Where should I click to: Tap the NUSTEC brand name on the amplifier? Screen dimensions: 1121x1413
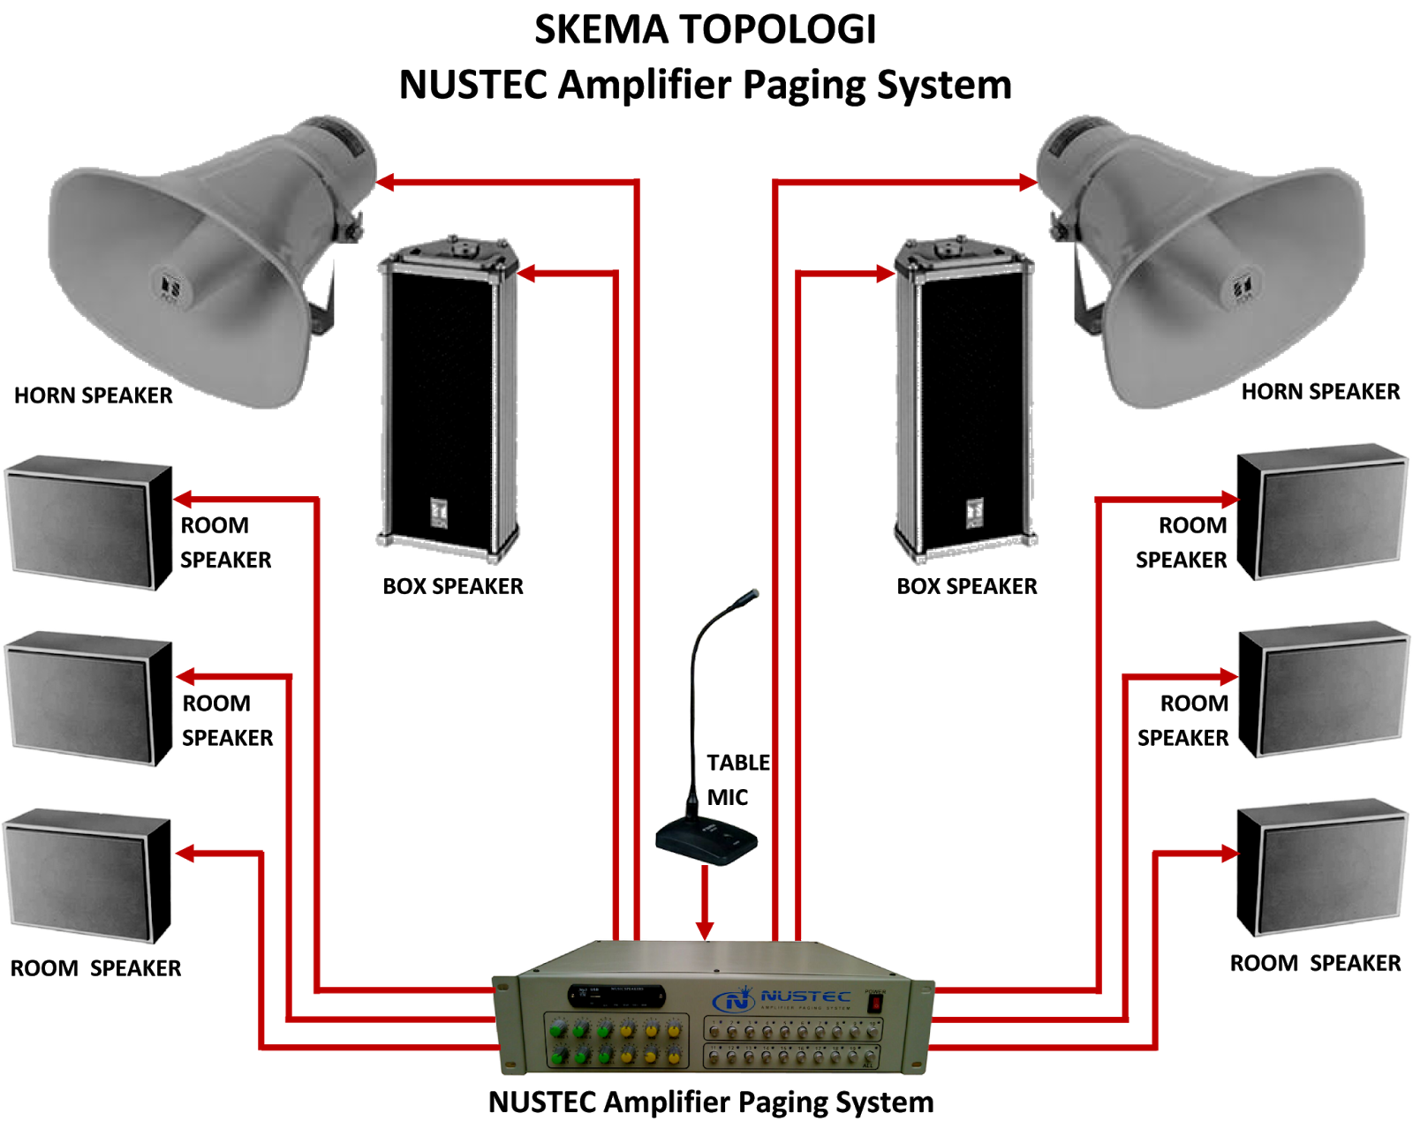tap(805, 996)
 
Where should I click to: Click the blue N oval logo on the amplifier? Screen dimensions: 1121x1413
tap(734, 1001)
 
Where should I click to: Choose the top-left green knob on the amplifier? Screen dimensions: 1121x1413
tap(556, 1029)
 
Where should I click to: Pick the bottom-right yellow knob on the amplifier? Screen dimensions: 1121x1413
tap(674, 1055)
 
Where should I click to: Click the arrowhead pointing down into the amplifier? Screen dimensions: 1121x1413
tap(704, 930)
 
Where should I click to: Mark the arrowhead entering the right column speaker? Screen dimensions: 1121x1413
tap(885, 274)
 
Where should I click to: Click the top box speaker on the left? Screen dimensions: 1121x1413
tap(88, 523)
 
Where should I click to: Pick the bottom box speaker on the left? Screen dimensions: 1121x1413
tap(87, 876)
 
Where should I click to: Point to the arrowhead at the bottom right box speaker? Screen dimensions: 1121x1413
tap(1228, 853)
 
